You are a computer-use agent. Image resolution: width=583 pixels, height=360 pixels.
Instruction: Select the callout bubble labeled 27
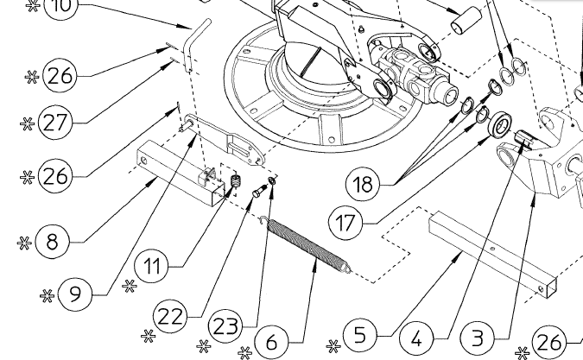coord(54,121)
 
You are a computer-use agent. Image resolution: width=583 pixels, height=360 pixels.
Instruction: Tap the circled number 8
coord(54,241)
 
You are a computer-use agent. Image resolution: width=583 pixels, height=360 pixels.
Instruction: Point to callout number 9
coord(76,294)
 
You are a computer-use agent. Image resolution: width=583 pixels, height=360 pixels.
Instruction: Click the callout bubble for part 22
coord(172,316)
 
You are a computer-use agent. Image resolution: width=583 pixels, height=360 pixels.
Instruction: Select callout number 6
coord(272,342)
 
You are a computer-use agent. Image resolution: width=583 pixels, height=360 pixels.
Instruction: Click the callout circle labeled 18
coord(364,183)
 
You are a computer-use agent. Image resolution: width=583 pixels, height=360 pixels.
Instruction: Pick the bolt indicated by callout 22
coord(257,193)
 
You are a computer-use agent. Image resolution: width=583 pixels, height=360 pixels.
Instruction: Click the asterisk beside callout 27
coord(25,122)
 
